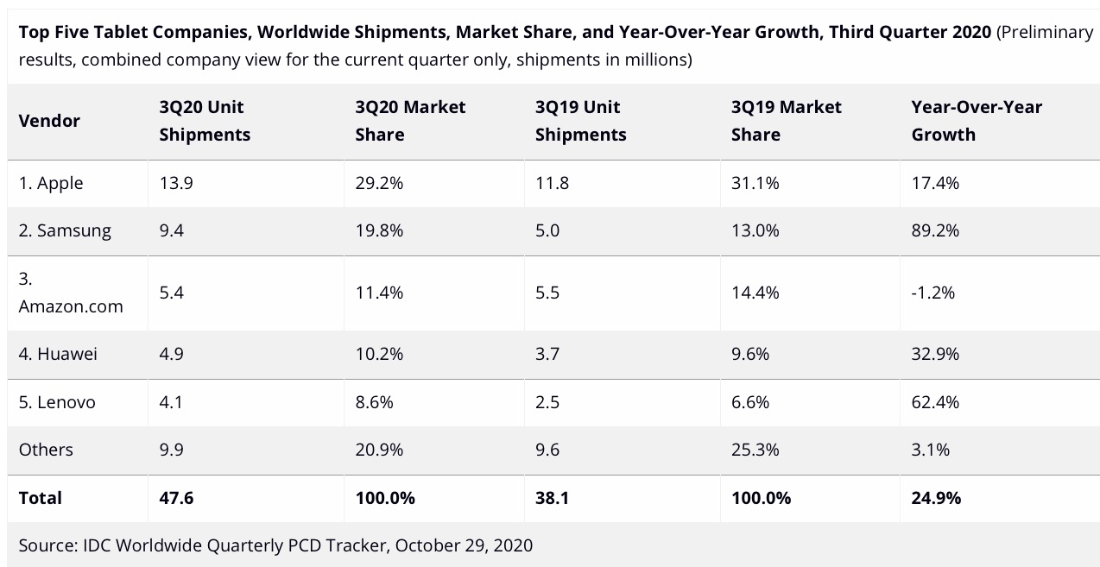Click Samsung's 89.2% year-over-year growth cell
click(x=935, y=230)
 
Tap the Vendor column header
click(x=49, y=121)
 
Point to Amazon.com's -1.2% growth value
click(x=933, y=293)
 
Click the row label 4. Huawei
click(x=59, y=354)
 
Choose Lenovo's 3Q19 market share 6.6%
click(x=750, y=402)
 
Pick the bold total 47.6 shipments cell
click(x=176, y=498)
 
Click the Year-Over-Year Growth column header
click(x=977, y=121)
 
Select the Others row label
click(x=46, y=450)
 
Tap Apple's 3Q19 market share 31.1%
click(x=755, y=183)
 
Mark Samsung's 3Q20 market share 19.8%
click(x=379, y=230)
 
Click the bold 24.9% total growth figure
click(x=936, y=498)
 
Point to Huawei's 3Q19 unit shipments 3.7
click(x=547, y=354)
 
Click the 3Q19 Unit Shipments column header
click(x=580, y=121)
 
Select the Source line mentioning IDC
click(x=275, y=545)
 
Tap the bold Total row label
click(x=41, y=498)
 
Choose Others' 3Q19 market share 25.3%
click(x=755, y=450)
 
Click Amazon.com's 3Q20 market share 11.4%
click(x=379, y=293)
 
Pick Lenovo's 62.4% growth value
click(x=935, y=402)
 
